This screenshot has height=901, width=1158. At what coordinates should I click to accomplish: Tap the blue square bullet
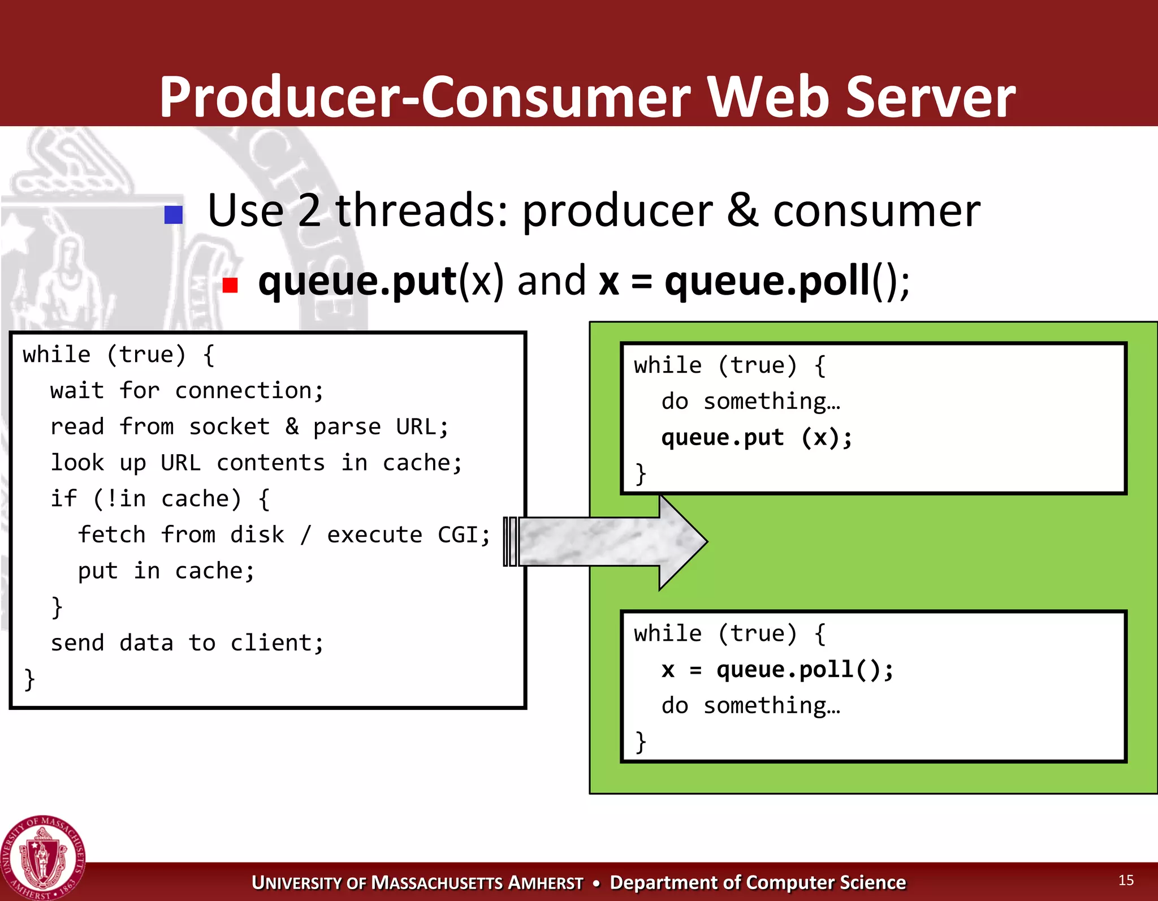tap(174, 215)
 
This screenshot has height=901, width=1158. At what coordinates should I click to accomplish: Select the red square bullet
tap(230, 285)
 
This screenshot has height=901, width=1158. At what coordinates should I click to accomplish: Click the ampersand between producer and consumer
tap(742, 210)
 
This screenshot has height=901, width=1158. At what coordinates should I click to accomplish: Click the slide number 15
tap(1125, 880)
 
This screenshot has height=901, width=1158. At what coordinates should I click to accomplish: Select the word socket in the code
tap(229, 427)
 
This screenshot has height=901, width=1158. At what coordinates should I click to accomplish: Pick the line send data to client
tap(187, 643)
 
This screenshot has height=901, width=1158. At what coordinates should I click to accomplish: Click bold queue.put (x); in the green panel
tap(756, 438)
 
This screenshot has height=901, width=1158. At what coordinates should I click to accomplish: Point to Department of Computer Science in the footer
tap(758, 883)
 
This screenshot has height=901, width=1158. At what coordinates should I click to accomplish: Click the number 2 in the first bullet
tap(309, 210)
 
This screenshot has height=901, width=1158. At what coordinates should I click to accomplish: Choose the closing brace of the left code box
tap(29, 679)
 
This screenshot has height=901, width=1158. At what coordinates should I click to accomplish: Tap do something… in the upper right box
tap(751, 402)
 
